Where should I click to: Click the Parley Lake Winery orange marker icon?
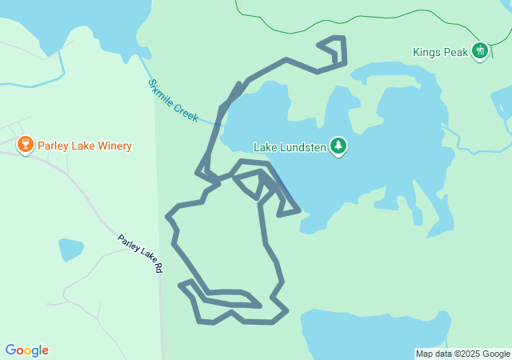(x=25, y=145)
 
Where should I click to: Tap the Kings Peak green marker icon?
(x=480, y=51)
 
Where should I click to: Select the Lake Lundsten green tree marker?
(x=338, y=146)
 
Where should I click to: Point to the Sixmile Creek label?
(x=173, y=100)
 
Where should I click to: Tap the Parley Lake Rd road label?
(x=140, y=254)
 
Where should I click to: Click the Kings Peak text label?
(x=440, y=52)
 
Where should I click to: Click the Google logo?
(x=26, y=350)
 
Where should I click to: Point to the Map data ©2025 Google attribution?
(x=462, y=354)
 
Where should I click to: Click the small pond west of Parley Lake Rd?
(x=70, y=249)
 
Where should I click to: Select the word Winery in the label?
(x=114, y=146)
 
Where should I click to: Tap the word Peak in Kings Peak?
(x=455, y=52)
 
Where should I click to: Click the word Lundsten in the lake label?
(x=303, y=147)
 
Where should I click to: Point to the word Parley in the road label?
(x=128, y=243)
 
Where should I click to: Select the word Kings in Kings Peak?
(x=426, y=52)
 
